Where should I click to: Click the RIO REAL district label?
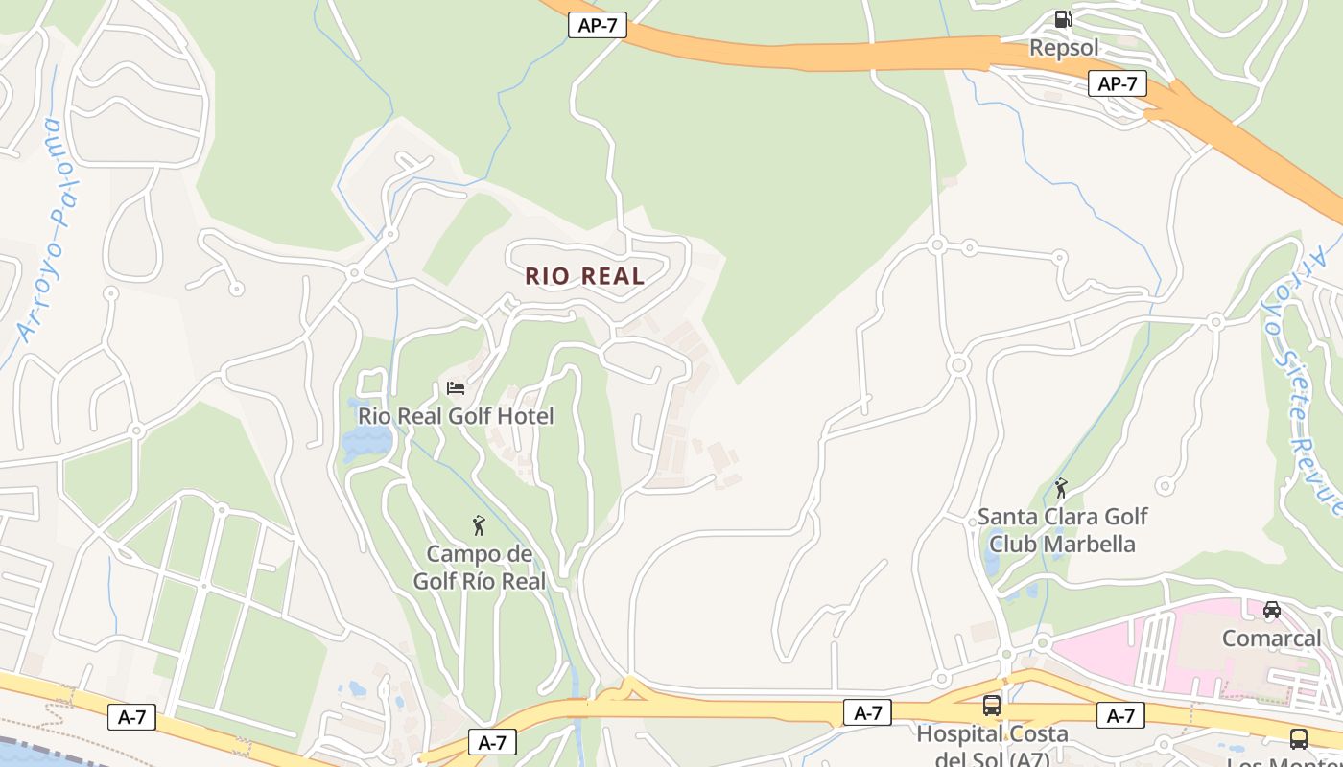(x=584, y=276)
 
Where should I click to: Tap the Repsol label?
(x=1063, y=47)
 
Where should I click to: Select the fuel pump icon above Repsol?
(x=1063, y=19)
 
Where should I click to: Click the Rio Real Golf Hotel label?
(x=456, y=416)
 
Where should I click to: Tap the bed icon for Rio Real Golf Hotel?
(x=456, y=388)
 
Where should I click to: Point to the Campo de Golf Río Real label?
(x=479, y=568)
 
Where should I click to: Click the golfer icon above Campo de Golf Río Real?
(x=479, y=525)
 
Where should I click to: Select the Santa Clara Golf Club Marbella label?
(x=1062, y=530)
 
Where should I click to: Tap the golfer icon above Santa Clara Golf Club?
(x=1061, y=488)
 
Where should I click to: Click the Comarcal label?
(x=1271, y=638)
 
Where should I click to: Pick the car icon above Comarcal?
(x=1271, y=610)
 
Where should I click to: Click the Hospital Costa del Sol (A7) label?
(x=992, y=746)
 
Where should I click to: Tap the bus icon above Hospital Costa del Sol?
(x=992, y=706)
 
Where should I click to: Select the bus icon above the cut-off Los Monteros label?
(x=1298, y=739)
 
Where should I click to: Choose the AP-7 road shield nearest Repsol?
(x=1118, y=83)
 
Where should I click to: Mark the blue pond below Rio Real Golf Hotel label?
(x=367, y=442)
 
